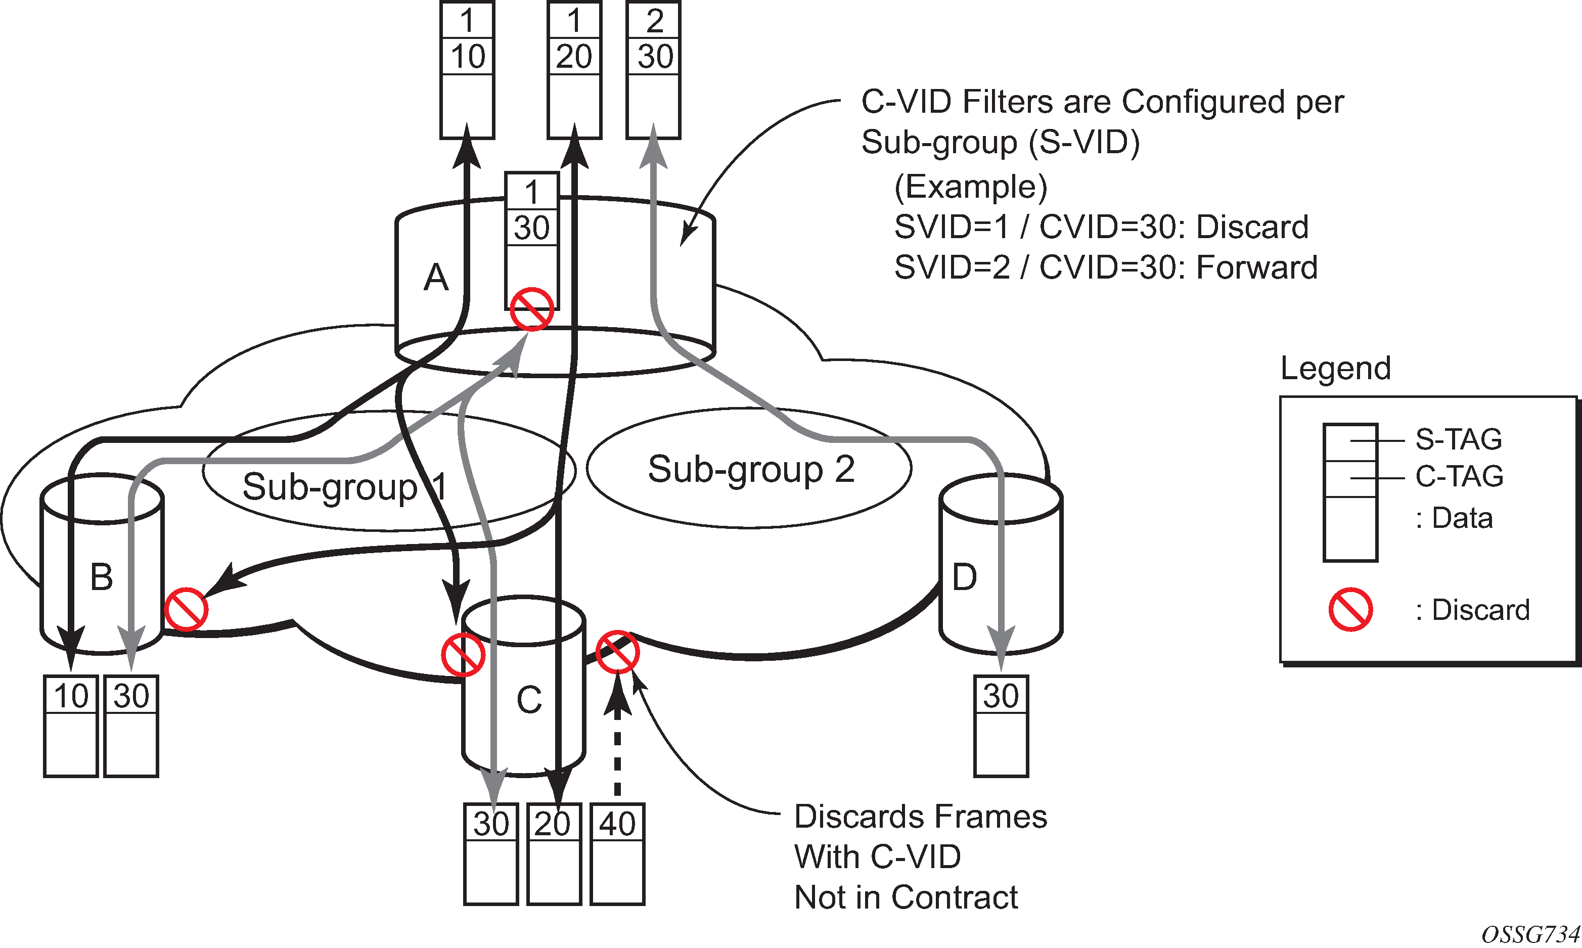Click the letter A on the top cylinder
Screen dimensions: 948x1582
[436, 278]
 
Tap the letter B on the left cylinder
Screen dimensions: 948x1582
[102, 577]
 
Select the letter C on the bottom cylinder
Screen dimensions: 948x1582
[529, 700]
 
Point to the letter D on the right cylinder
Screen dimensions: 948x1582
[964, 577]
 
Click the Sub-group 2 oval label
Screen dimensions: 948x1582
[751, 470]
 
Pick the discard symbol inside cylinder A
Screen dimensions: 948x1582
[531, 309]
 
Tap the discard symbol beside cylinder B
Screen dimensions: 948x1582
[186, 609]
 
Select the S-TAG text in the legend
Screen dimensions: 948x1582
[1459, 439]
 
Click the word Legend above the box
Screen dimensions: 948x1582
[1335, 369]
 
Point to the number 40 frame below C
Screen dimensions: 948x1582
[617, 824]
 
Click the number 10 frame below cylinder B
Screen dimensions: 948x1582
[71, 696]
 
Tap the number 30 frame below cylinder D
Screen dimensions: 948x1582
[1001, 696]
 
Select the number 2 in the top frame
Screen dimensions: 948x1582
[654, 21]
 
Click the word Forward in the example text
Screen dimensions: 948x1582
[1256, 267]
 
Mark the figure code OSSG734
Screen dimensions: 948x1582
[1530, 934]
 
